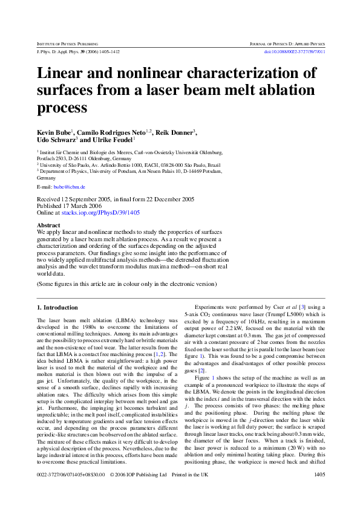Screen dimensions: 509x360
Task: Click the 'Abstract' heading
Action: click(x=49, y=225)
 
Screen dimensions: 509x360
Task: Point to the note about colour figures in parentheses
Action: click(x=126, y=284)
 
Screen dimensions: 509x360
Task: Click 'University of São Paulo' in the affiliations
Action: click(x=64, y=164)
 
